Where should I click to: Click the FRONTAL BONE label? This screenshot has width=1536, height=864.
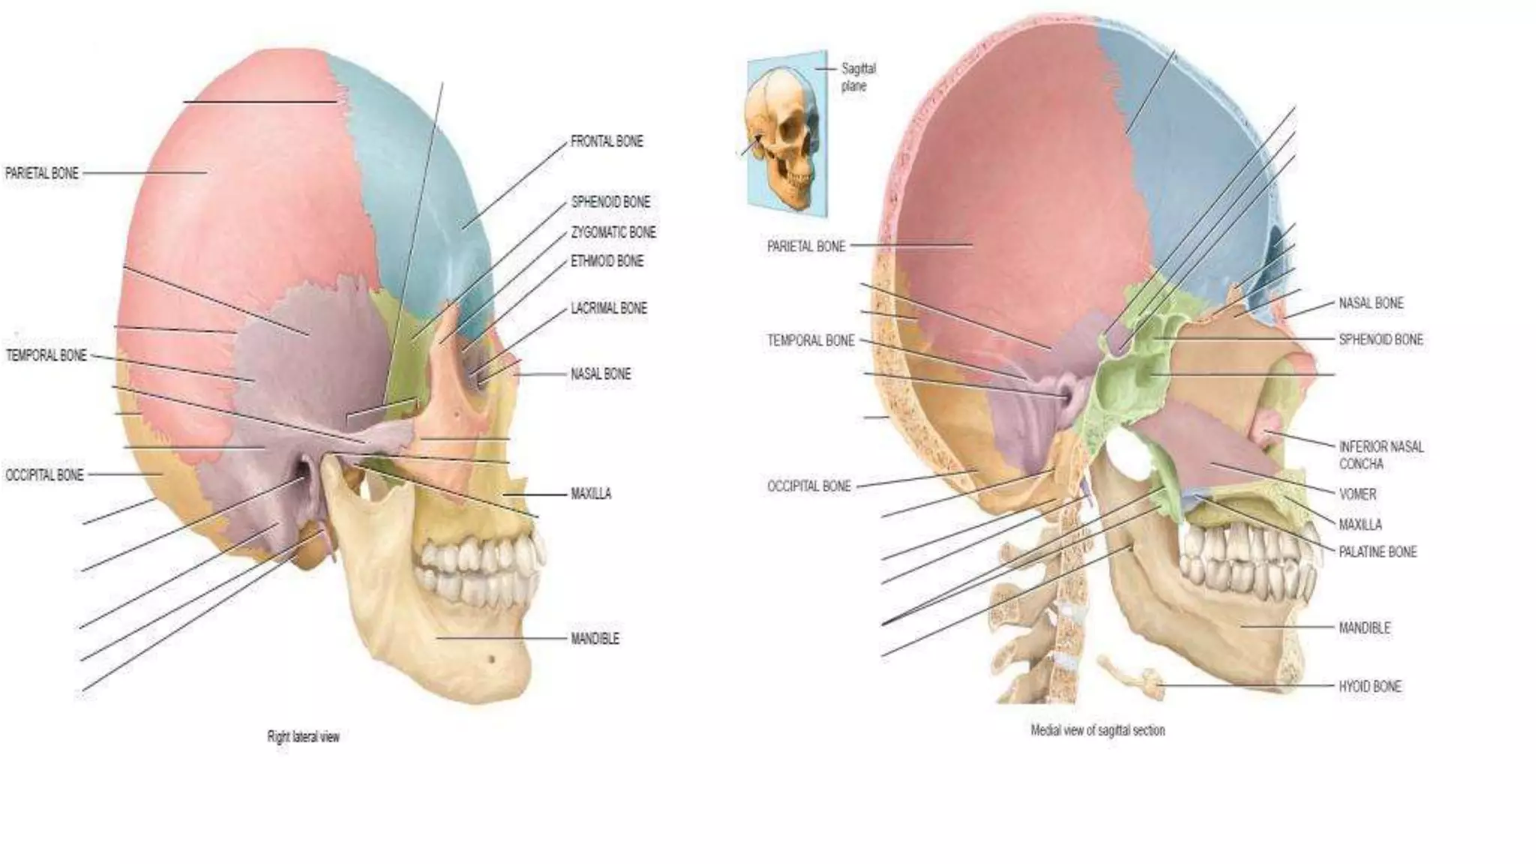(607, 142)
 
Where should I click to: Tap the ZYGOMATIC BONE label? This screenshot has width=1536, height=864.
(613, 232)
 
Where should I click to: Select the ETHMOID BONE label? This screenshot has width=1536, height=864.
(607, 261)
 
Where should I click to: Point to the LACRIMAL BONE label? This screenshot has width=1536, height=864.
(608, 308)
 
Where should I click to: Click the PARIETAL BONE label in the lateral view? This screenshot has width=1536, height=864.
(42, 173)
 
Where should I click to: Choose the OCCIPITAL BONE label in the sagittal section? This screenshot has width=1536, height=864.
(808, 487)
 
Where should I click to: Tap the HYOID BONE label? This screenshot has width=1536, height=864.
(1369, 686)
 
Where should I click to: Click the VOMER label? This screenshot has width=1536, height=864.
(1357, 494)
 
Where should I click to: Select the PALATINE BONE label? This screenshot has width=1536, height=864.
(1378, 552)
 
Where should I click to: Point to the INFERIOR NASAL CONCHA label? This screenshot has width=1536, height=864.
(1380, 455)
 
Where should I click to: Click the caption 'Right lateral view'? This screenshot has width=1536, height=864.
(303, 737)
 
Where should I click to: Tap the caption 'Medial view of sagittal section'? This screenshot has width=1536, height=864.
(1097, 730)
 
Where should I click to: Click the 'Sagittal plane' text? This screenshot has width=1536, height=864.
(857, 77)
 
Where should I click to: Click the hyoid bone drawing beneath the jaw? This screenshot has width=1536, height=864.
(1131, 675)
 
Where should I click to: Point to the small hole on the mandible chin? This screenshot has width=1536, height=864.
(491, 659)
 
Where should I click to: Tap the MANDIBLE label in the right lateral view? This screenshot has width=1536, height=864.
(595, 639)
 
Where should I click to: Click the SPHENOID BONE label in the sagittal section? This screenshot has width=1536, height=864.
(1380, 340)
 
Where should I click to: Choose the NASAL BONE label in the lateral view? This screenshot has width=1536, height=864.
(600, 374)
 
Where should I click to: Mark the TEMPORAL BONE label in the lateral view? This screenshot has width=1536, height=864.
(46, 355)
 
